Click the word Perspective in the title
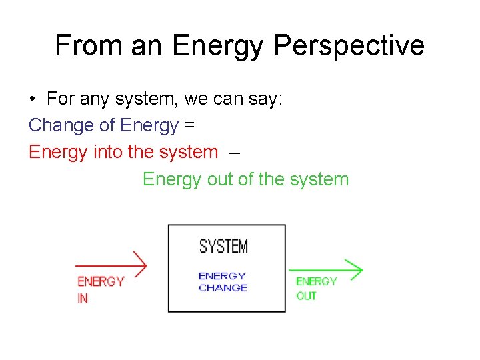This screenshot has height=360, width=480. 349,45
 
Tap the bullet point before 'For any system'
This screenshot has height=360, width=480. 32,99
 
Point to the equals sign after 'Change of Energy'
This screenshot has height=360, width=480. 189,125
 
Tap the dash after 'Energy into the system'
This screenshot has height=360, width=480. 233,152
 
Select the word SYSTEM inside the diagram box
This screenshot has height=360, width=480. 224,247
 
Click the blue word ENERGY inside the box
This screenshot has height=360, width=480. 223,275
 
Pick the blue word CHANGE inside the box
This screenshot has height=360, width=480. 223,288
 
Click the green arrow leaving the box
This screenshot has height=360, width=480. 326,270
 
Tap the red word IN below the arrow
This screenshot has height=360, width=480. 83,299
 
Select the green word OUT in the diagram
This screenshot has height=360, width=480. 307,295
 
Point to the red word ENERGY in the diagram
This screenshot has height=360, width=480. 101,282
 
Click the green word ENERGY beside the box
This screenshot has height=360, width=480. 317,282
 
